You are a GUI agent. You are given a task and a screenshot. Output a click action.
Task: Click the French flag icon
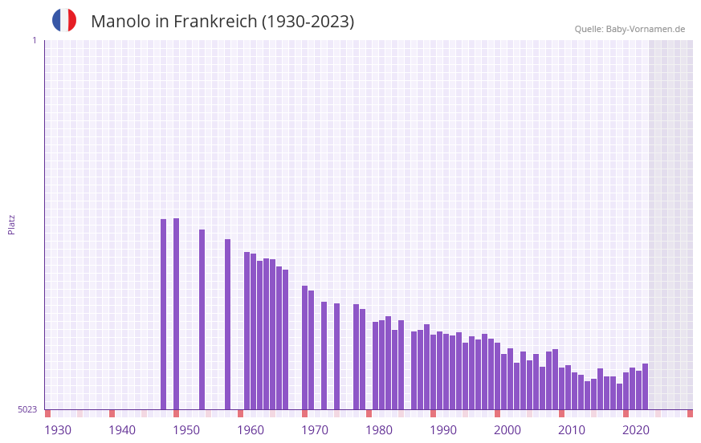pyautogui.click(x=64, y=20)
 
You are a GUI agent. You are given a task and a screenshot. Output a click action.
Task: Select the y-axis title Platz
pyautogui.click(x=11, y=224)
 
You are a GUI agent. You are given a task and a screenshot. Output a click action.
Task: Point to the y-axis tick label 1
pyautogui.click(x=34, y=40)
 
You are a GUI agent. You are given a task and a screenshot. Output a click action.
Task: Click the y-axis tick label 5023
pyautogui.click(x=27, y=409)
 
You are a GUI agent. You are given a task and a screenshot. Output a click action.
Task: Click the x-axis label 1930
pyautogui.click(x=58, y=430)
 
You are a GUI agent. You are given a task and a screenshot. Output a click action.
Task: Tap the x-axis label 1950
pyautogui.click(x=186, y=430)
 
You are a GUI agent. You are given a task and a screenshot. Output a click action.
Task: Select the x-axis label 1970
pyautogui.click(x=315, y=430)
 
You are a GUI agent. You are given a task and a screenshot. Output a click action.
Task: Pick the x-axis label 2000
pyautogui.click(x=507, y=430)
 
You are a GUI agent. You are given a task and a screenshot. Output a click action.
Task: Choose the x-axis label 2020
pyautogui.click(x=636, y=430)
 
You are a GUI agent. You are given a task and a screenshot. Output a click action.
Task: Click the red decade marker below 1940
pyautogui.click(x=112, y=413)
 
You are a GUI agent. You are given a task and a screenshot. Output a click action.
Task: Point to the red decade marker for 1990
pyautogui.click(x=434, y=413)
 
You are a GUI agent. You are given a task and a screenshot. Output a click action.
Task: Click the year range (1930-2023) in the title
pyautogui.click(x=308, y=22)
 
